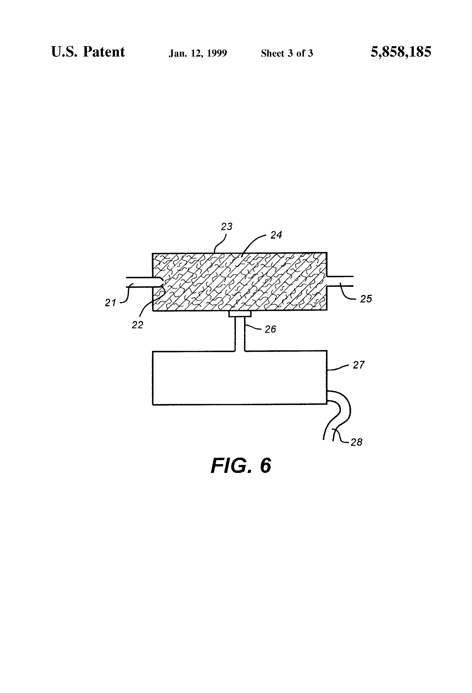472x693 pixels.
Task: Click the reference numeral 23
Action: (x=226, y=227)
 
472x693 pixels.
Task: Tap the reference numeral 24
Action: (x=276, y=235)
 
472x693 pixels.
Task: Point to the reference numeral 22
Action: (x=138, y=325)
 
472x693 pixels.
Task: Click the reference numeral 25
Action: (x=366, y=299)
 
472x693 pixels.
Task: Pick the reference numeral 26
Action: (x=270, y=329)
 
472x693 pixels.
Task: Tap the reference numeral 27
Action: (x=359, y=365)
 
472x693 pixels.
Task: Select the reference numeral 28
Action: (x=356, y=442)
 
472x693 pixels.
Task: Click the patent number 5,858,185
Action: (x=401, y=52)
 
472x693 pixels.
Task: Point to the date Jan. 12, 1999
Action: (x=198, y=53)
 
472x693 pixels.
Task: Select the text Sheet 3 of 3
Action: (x=287, y=53)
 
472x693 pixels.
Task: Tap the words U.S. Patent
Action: (x=88, y=52)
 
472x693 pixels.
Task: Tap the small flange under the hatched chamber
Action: (x=240, y=314)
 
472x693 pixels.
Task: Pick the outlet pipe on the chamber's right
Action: (x=340, y=281)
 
